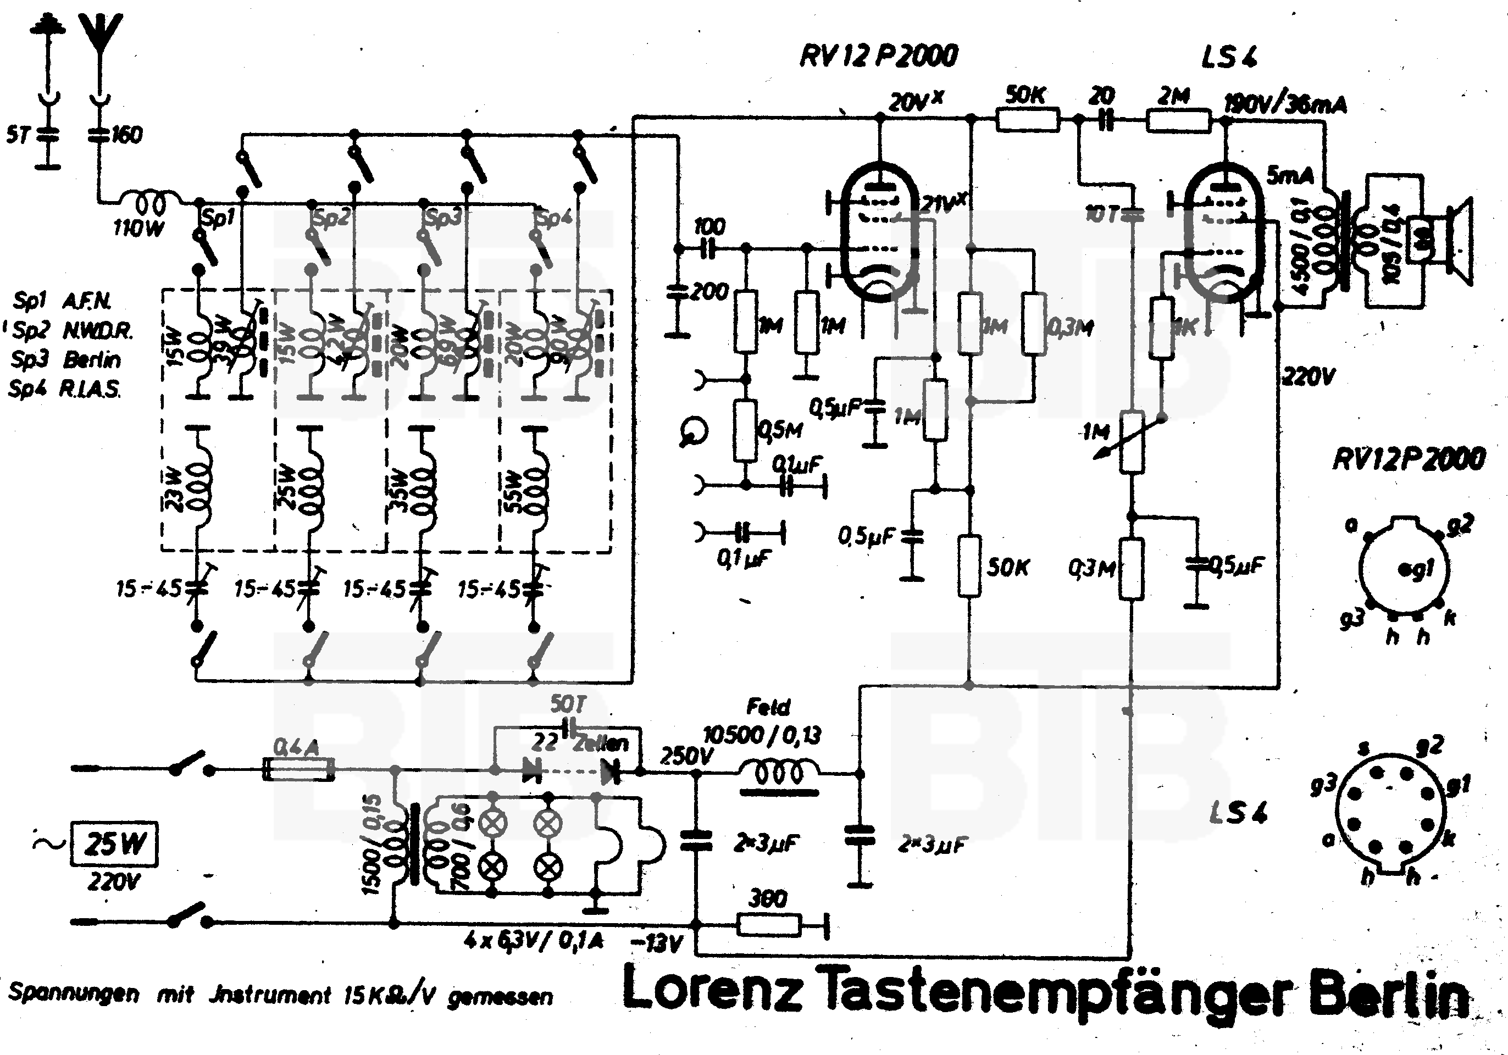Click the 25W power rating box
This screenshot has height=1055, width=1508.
(x=114, y=843)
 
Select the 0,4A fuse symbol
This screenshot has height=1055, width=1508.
(x=298, y=769)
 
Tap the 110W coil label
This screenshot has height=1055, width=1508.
(x=138, y=228)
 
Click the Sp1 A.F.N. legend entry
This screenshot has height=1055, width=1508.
(x=63, y=301)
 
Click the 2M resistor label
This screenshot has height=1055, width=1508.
(x=1174, y=97)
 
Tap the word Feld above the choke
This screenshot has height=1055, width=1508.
(x=768, y=708)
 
